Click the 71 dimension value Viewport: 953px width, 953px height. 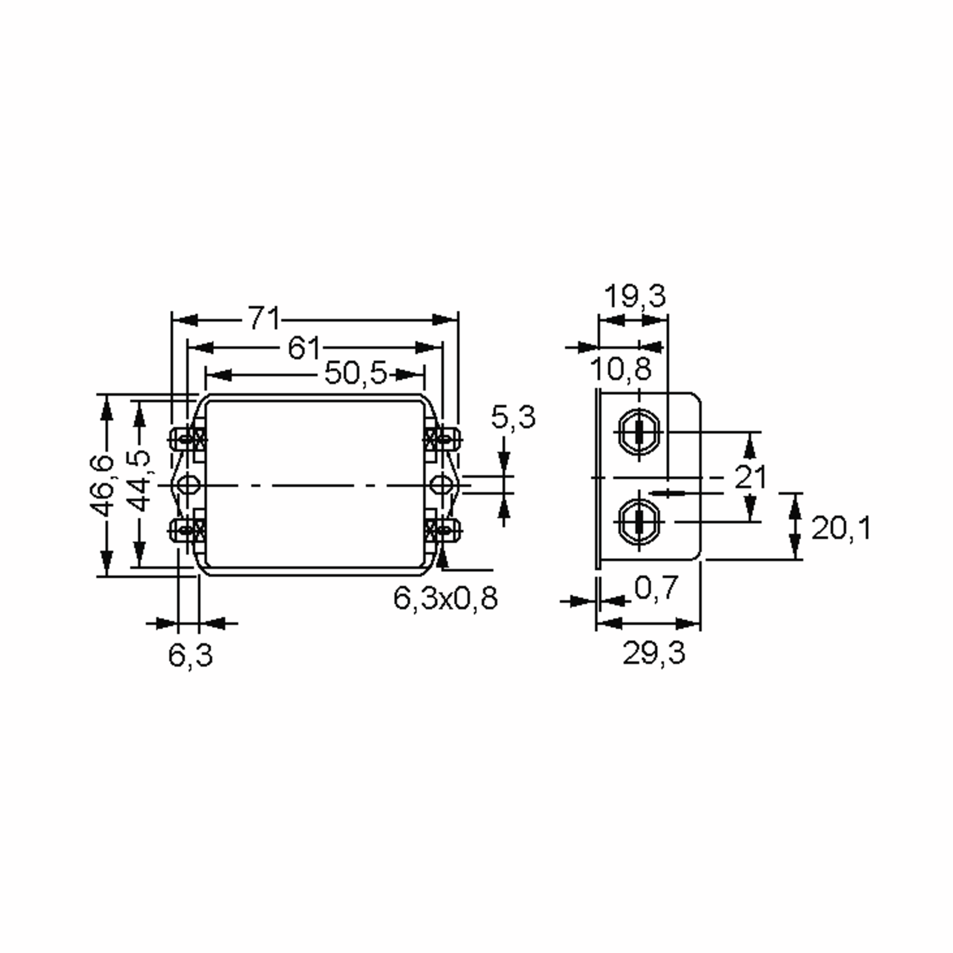pos(264,318)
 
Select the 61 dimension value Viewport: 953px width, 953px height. pos(304,348)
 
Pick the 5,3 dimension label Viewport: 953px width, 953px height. pos(513,417)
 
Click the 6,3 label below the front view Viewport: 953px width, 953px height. pos(191,656)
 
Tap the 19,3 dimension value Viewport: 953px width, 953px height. pos(635,296)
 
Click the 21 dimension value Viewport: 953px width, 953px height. pos(750,477)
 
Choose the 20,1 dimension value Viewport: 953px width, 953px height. pos(841,528)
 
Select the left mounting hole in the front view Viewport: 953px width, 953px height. pos(187,485)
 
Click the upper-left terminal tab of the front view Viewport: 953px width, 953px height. pos(183,438)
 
